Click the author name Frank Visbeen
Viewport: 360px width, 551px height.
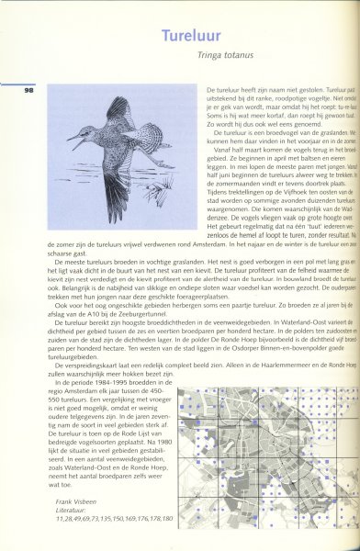(82, 500)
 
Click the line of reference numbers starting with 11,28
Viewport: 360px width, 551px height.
(111, 517)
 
